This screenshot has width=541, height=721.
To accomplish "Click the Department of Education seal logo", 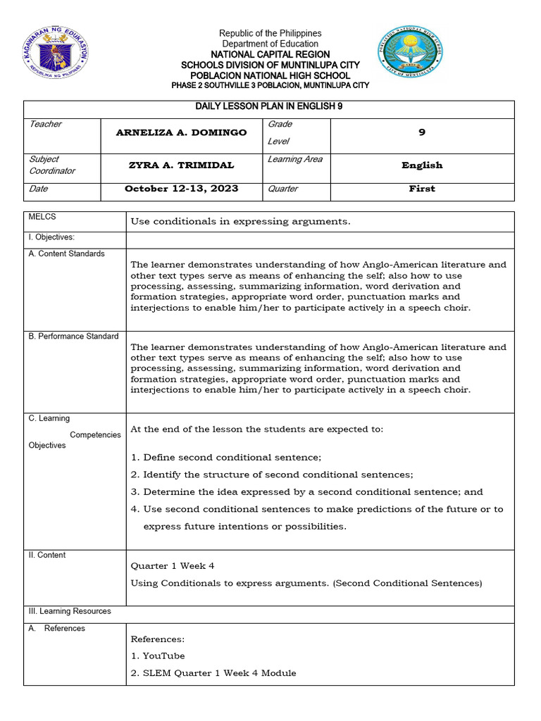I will click(x=56, y=52).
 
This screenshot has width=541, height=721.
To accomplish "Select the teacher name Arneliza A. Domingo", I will click(x=181, y=132).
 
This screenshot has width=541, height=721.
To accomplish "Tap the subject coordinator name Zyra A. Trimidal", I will click(x=181, y=165).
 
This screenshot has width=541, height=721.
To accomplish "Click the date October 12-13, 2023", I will click(x=181, y=189).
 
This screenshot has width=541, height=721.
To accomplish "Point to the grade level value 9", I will click(x=422, y=132).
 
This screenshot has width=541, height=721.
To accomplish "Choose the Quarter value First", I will click(x=422, y=189).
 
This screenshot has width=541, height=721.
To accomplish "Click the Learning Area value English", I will click(x=422, y=165).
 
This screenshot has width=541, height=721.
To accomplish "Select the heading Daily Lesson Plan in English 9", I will click(x=270, y=107).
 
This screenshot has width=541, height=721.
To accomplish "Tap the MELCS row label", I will click(x=41, y=218).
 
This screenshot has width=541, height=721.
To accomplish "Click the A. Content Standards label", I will click(x=66, y=253).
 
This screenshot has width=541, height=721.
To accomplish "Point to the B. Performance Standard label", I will click(x=73, y=336).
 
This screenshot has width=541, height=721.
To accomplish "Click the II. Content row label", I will click(x=47, y=555).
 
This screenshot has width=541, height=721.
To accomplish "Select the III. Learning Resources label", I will click(x=70, y=611).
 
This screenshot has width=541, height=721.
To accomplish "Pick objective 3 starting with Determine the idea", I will click(x=306, y=491).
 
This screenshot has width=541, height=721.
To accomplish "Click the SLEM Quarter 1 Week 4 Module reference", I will click(x=213, y=673).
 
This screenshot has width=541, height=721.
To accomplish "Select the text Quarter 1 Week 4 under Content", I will click(x=173, y=565).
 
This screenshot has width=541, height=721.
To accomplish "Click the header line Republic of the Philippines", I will click(x=270, y=33).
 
